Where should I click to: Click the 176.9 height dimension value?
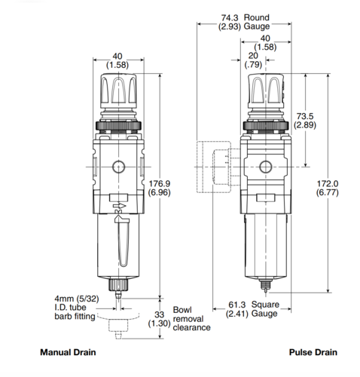(x=159, y=188)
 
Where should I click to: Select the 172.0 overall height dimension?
(x=328, y=188)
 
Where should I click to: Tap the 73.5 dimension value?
(x=305, y=121)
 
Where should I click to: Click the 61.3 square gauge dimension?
(x=236, y=309)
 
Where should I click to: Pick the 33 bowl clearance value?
(x=159, y=319)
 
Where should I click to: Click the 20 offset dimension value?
(x=253, y=60)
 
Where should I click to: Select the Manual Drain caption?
(x=68, y=352)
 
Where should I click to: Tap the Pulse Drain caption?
(x=313, y=352)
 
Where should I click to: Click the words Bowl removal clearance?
(x=191, y=319)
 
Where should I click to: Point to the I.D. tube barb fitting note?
(x=75, y=308)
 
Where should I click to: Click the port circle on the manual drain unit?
(x=119, y=167)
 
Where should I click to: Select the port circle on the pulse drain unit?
(x=266, y=167)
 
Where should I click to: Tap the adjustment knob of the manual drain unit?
(x=119, y=89)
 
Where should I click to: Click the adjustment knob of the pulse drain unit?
(x=266, y=89)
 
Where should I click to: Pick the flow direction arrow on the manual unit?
(x=119, y=206)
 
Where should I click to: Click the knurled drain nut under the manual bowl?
(x=118, y=284)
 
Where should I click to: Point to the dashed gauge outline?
(x=213, y=167)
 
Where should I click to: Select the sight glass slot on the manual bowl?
(x=124, y=243)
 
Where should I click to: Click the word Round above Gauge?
(x=257, y=17)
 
